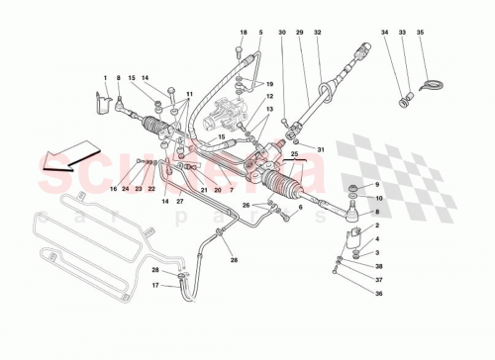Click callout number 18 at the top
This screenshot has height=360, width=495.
(x=241, y=34)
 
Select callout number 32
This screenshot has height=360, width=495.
(x=317, y=34)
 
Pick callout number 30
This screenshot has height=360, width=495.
(x=282, y=34)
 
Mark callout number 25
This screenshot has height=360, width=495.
(x=293, y=155)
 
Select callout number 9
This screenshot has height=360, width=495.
(x=375, y=187)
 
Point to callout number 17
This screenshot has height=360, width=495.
(x=155, y=288)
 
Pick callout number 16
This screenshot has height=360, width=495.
(x=113, y=188)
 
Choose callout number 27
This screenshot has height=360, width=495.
(x=179, y=201)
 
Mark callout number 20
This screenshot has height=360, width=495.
(x=217, y=189)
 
